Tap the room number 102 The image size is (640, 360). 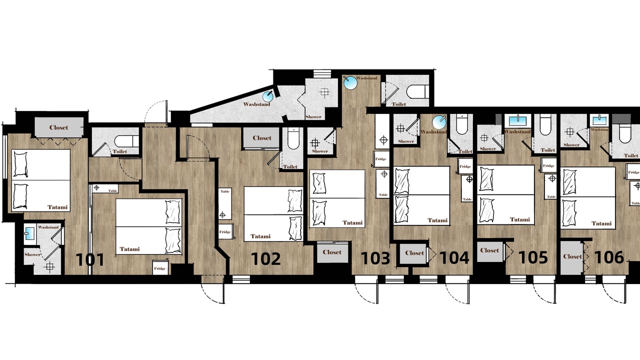click(265, 258)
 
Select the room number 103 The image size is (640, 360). click(375, 258)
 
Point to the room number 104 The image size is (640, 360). click(454, 258)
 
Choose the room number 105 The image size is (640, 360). click(533, 257)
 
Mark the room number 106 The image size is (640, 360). click(609, 257)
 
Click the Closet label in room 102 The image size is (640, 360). click(262, 138)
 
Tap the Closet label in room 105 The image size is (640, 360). click(489, 250)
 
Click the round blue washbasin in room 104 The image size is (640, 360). click(439, 122)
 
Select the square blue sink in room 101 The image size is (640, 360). click(29, 233)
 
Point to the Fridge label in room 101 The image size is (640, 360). click(159, 268)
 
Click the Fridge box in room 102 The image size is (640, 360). click(225, 231)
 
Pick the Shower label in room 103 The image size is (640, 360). click(319, 151)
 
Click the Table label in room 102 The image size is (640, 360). click(225, 191)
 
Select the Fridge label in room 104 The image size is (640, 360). click(465, 166)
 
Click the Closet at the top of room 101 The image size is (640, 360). click(59, 127)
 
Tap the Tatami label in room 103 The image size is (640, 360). click(352, 222)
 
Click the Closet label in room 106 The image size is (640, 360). click(572, 256)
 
